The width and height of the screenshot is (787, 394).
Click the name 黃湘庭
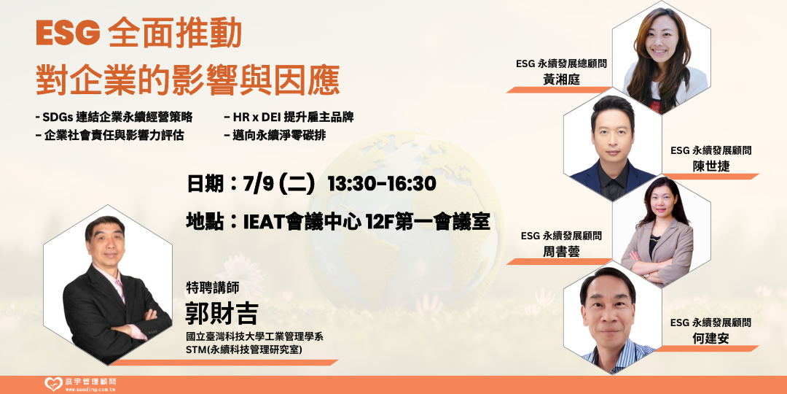[561, 80]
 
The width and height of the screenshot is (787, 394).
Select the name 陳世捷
[710, 166]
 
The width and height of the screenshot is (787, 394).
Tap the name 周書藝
[561, 251]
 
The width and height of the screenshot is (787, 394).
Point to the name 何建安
[710, 339]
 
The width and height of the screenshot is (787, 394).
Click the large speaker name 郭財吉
[222, 314]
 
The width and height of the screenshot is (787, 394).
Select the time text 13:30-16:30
[381, 184]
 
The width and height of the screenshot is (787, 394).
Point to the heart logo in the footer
[53, 385]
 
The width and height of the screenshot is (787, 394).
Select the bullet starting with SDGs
[114, 117]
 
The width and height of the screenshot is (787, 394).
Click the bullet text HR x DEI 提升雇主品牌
[289, 117]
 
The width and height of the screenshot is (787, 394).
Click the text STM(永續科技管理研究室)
[243, 349]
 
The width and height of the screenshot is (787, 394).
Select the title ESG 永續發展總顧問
[562, 63]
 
